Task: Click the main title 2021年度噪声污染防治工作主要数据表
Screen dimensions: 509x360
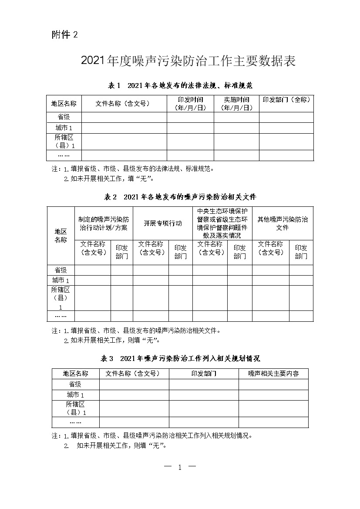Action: point(188,61)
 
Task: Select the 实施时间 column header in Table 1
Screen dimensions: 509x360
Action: point(236,104)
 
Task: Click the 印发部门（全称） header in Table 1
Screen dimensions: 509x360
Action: point(286,100)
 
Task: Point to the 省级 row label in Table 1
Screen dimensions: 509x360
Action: point(64,117)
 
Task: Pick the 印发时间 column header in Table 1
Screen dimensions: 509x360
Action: point(190,104)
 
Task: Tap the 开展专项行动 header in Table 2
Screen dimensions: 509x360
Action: point(163,223)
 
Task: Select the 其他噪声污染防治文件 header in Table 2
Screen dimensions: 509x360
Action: point(283,223)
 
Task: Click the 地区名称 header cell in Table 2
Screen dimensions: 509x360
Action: point(61,236)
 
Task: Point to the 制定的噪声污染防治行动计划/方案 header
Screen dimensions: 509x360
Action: point(104,223)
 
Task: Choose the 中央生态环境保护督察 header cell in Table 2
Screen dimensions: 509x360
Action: point(222,223)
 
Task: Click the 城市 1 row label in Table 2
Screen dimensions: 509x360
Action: point(61,280)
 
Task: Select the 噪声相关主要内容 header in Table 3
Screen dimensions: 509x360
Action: point(273,374)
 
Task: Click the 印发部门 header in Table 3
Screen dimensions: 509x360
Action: point(204,374)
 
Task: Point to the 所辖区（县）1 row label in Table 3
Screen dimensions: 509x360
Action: point(76,408)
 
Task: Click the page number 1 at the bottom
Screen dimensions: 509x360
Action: point(180,467)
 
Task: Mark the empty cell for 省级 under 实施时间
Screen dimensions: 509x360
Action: point(236,117)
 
